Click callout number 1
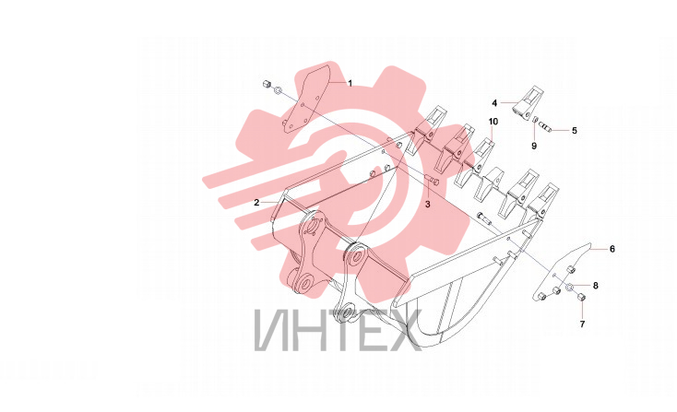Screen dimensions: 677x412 point(350,83)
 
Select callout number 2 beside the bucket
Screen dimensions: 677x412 point(256,203)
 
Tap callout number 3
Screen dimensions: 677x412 point(427,204)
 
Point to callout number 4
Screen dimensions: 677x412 point(494,102)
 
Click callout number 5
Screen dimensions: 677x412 point(575,130)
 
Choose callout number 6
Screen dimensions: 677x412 point(612,249)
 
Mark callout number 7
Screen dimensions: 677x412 point(582,324)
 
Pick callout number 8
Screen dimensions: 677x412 point(596,285)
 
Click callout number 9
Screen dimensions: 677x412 point(534,146)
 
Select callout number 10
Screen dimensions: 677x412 point(493,122)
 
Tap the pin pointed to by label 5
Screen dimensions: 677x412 point(545,127)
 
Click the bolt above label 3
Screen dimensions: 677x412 point(431,181)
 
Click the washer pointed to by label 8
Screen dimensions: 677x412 point(570,287)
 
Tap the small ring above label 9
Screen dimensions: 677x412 point(534,120)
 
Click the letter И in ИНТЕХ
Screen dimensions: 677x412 point(270,329)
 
